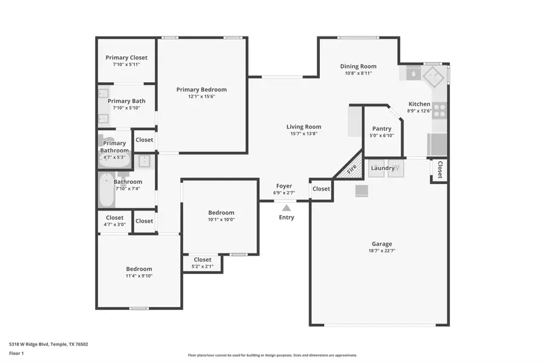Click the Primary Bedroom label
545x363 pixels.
click(202, 90)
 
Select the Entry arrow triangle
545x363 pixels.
click(286, 208)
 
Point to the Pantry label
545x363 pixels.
click(381, 128)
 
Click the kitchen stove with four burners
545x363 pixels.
click(439, 110)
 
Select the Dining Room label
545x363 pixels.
click(358, 67)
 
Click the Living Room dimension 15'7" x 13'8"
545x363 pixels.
click(304, 134)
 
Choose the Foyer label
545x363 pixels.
click(284, 186)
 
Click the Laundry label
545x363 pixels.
click(383, 168)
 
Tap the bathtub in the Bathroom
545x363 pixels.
click(105, 190)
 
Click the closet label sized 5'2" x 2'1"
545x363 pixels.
click(202, 260)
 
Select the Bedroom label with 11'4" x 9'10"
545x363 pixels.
click(139, 269)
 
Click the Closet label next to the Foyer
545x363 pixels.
click(321, 189)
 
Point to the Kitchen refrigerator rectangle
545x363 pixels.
click(438, 145)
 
